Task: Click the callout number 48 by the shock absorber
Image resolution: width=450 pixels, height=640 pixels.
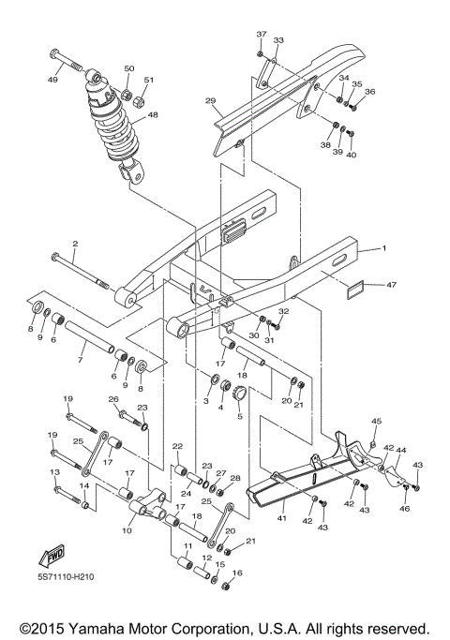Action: click(x=153, y=115)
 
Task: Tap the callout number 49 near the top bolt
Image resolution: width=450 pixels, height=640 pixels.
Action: click(x=52, y=81)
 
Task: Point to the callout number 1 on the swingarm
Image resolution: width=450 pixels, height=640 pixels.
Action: click(x=382, y=249)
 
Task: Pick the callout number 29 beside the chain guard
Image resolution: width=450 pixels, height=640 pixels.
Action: click(x=210, y=101)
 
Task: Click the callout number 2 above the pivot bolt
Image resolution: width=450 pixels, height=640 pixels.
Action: click(x=75, y=244)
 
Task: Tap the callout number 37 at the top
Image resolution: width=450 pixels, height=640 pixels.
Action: click(x=261, y=34)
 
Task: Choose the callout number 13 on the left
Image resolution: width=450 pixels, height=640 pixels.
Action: click(x=54, y=472)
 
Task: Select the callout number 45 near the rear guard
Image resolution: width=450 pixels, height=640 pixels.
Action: click(x=377, y=421)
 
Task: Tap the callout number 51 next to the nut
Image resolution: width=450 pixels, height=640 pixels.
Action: click(x=148, y=81)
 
